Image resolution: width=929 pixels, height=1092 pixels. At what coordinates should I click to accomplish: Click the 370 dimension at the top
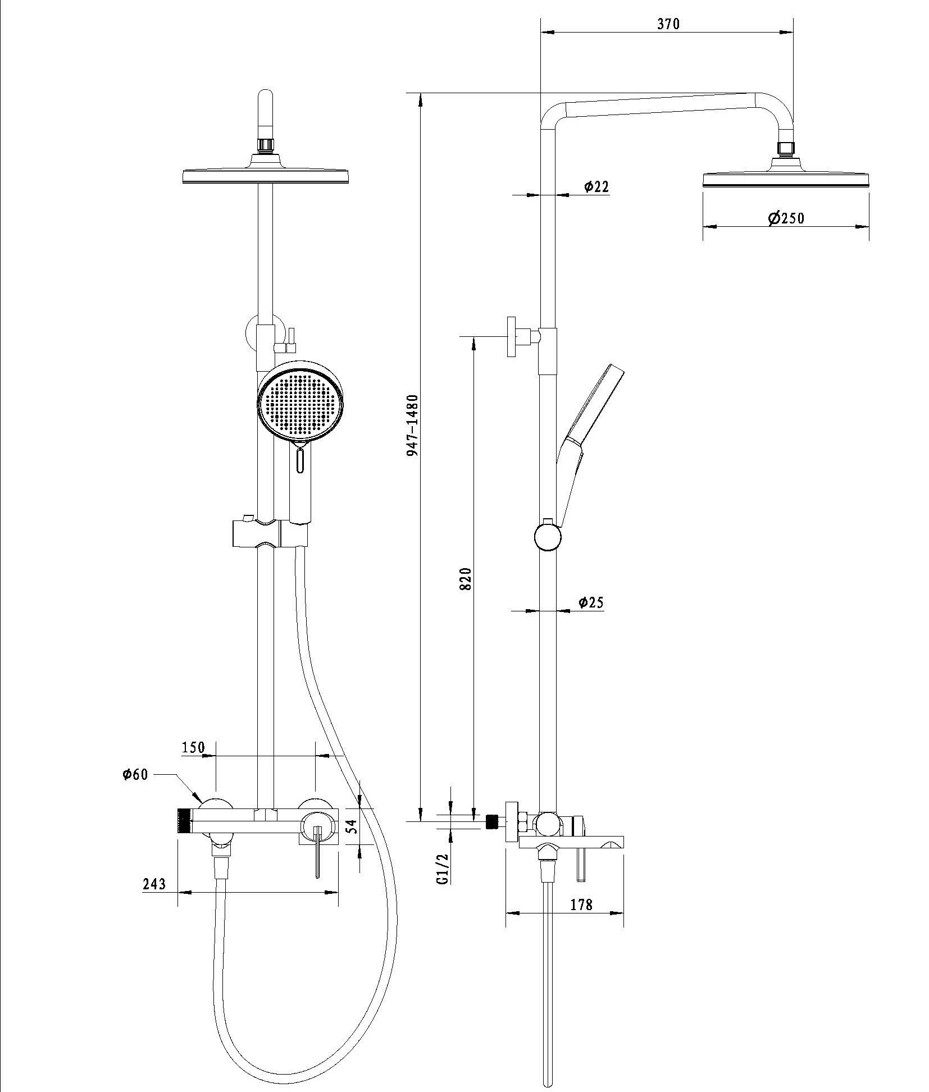pos(668,24)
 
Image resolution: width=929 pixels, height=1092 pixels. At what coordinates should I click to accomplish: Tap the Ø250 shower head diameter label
pos(786,218)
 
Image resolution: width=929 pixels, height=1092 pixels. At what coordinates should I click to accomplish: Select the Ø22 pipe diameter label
pos(596,186)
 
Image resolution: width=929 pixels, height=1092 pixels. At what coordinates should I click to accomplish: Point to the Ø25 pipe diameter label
pos(590,602)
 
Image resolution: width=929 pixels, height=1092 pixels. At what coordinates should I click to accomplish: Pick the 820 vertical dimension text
pos(465,579)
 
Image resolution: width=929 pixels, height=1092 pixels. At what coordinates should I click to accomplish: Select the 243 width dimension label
pos(154,884)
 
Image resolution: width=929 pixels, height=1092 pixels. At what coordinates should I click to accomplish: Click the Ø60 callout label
pos(135,775)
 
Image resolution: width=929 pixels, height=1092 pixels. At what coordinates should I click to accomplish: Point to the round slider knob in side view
pos(547,537)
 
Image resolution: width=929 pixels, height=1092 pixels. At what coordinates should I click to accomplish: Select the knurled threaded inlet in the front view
pos(183,820)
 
